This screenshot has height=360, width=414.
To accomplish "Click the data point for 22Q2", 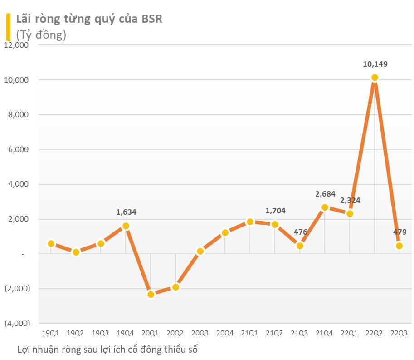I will (x=375, y=78).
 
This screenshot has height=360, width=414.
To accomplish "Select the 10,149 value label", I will (x=375, y=64).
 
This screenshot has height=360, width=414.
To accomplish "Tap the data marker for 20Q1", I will (x=151, y=294).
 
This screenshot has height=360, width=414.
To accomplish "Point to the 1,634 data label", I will (x=126, y=212).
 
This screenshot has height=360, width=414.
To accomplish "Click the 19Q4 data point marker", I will (x=126, y=226).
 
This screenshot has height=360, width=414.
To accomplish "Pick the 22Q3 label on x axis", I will (x=399, y=333).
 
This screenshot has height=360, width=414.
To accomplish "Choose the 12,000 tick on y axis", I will (x=16, y=45).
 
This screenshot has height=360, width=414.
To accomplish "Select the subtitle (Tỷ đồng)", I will (x=41, y=35).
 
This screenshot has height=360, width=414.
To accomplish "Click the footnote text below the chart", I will (x=108, y=350).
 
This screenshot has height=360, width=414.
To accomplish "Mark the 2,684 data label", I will (x=325, y=194).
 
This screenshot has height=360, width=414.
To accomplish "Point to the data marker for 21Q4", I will (x=325, y=207).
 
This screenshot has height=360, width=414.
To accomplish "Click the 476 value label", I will (x=301, y=232).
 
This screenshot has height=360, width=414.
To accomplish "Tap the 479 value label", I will (x=400, y=232).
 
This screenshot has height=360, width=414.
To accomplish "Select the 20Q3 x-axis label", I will (x=200, y=333).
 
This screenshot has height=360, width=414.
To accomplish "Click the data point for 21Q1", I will (x=250, y=222).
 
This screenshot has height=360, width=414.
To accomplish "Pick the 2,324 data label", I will (x=350, y=200).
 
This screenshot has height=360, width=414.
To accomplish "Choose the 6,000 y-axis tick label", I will (x=16, y=149).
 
